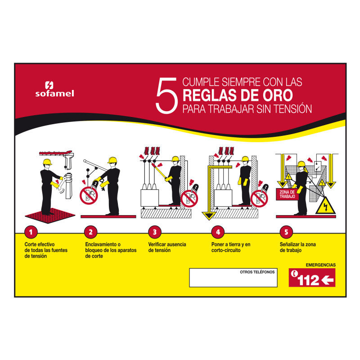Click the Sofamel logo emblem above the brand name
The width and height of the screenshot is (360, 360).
(x=49, y=85)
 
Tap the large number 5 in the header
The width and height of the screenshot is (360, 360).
(x=167, y=95)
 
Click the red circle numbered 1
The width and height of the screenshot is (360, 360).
(x=31, y=232)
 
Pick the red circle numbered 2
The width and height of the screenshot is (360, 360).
(x=91, y=232)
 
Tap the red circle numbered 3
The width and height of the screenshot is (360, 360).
(x=155, y=232)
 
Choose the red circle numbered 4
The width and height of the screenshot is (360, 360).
(x=218, y=232)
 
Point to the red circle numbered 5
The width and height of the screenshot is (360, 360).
(x=286, y=232)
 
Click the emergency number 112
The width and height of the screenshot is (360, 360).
(x=308, y=280)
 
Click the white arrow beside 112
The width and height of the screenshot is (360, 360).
(x=328, y=280)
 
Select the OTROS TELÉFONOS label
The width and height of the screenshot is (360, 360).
(x=257, y=272)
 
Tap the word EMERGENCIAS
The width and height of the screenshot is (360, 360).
(x=320, y=265)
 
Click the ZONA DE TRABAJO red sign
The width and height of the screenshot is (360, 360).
(x=287, y=194)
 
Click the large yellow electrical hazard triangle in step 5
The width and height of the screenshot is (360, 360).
(x=325, y=206)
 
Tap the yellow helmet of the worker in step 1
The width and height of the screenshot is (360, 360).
(x=47, y=162)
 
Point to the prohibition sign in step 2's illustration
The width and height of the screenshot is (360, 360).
(x=89, y=196)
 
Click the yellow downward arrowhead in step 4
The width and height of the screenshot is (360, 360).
(x=209, y=216)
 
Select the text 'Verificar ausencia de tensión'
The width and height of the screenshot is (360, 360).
(x=167, y=247)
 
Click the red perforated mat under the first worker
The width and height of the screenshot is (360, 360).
(x=50, y=216)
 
